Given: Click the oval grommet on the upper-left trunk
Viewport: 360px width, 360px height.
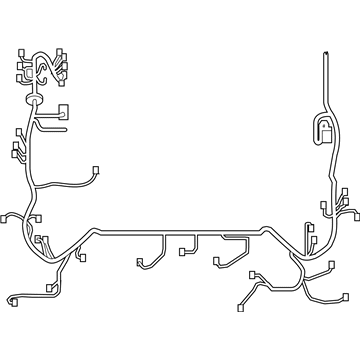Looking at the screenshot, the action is click(x=37, y=101).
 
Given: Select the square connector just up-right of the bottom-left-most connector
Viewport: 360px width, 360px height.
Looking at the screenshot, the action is click(x=45, y=286).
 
